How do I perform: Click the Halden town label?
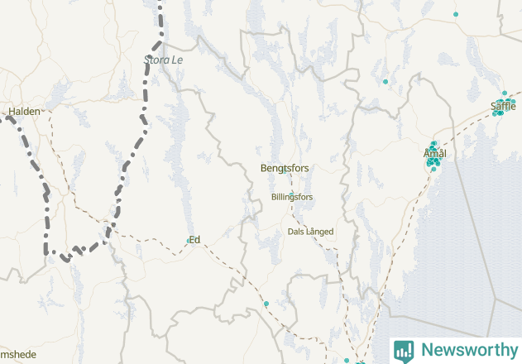point(24,111)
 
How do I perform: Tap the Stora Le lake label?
point(163,60)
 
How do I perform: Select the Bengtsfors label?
point(285,168)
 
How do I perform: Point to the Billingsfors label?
point(292,197)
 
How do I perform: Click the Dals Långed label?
point(310,232)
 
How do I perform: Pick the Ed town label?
point(195,240)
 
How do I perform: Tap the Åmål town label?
point(434,154)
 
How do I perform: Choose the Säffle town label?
point(503,106)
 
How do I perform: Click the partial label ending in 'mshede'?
point(18,355)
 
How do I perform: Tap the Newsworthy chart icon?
point(405,350)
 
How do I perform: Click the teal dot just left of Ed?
point(188,241)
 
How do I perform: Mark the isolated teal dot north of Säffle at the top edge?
point(456,14)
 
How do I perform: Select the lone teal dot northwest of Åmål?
point(386,81)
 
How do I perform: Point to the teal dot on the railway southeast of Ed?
point(266,304)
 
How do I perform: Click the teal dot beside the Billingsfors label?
point(291,192)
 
